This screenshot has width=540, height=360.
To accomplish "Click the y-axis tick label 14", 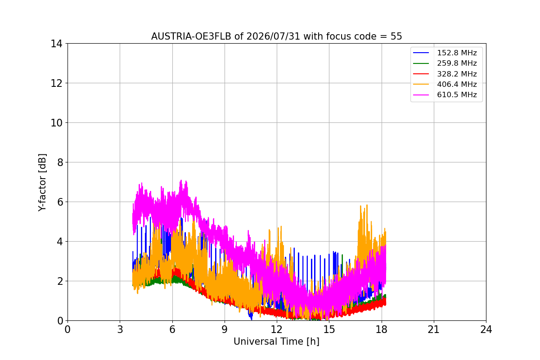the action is click(56, 44).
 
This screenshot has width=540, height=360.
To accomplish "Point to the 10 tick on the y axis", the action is click(56, 123).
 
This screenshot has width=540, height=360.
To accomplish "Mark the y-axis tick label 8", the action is click(60, 162).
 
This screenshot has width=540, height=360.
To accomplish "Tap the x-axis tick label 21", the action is click(434, 329).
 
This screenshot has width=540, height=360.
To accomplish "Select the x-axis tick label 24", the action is click(486, 329).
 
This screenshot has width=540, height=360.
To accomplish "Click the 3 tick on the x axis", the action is click(120, 329).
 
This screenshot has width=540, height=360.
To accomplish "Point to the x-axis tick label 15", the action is click(329, 329).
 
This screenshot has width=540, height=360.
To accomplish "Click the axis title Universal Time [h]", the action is click(276, 342).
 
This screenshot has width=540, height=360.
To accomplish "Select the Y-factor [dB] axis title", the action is click(42, 183).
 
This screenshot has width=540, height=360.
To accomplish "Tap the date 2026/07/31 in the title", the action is click(273, 36).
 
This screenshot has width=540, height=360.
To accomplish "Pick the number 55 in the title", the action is click(396, 36).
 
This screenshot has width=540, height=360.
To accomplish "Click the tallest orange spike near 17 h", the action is click(367, 205).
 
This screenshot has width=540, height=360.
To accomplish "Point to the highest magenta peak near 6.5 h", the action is click(181, 180).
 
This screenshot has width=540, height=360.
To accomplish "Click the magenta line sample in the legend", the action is click(421, 95).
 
